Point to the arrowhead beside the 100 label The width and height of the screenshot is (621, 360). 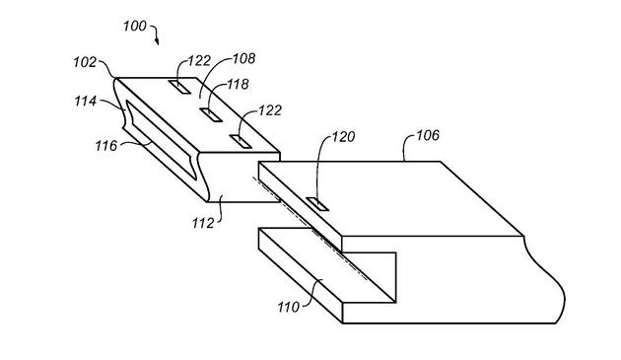click(158, 44)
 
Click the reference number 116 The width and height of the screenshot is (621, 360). click(103, 145)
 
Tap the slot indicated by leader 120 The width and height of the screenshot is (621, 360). click(318, 204)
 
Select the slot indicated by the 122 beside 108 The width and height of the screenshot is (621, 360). click(182, 86)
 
